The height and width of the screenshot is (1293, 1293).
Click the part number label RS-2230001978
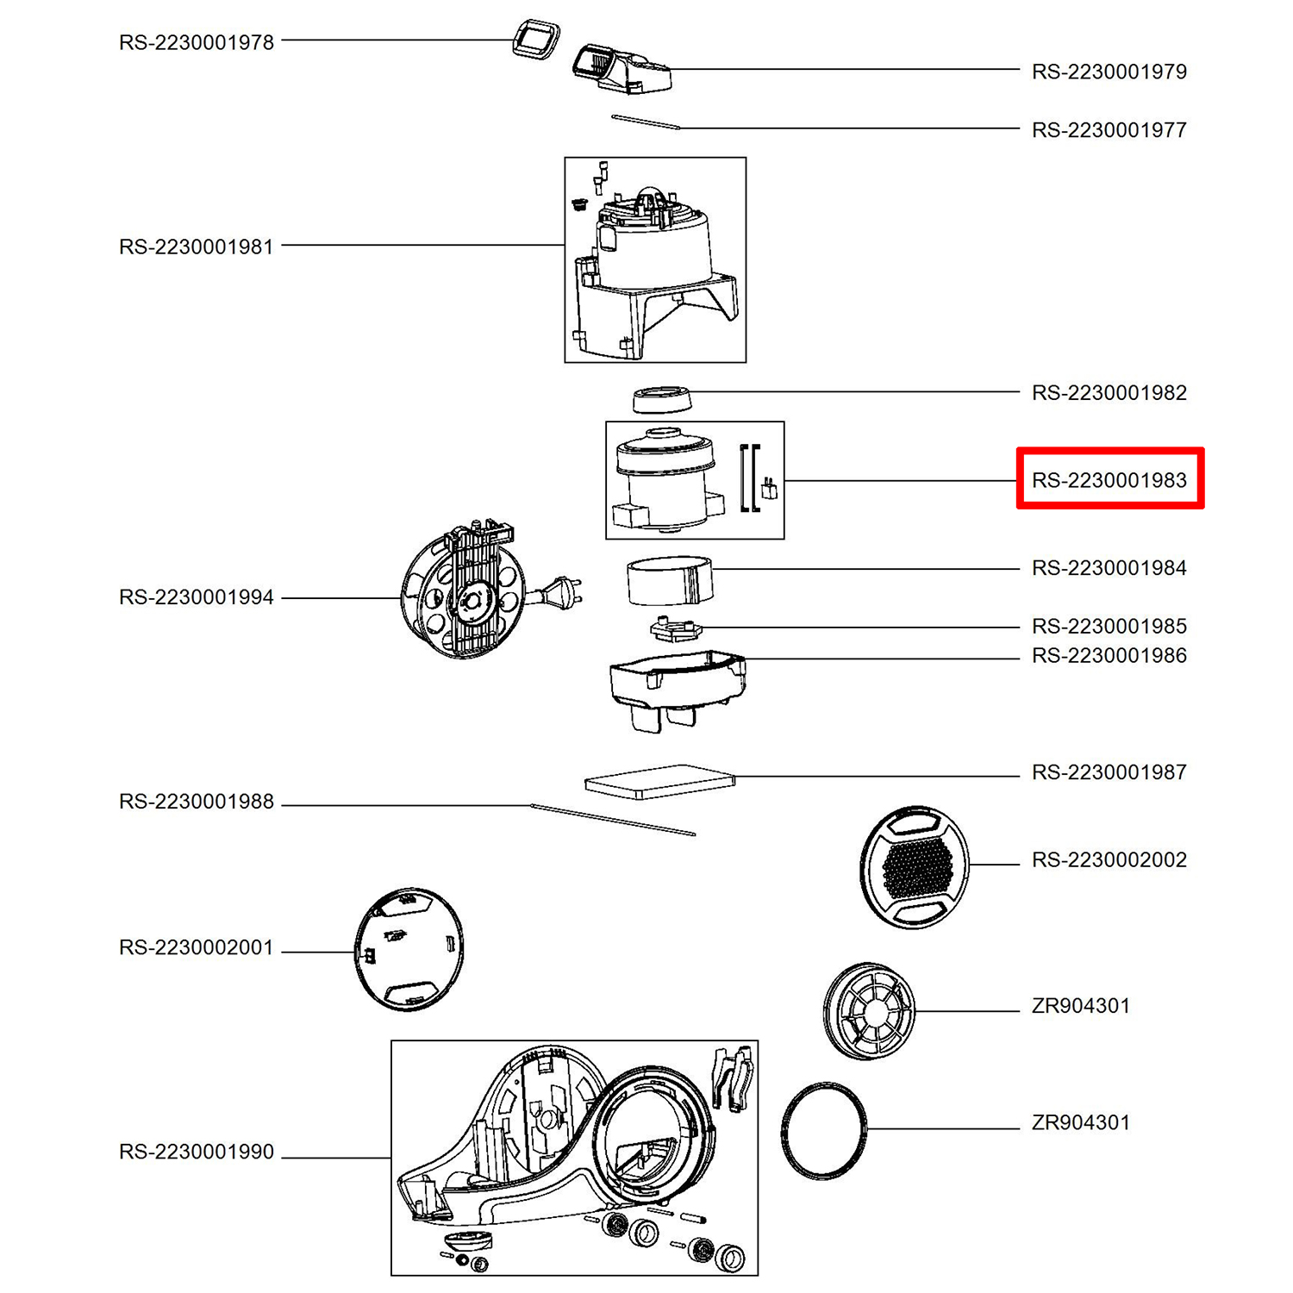(x=197, y=42)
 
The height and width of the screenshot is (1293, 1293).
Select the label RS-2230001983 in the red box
(x=1109, y=480)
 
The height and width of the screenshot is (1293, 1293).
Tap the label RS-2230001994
(x=197, y=597)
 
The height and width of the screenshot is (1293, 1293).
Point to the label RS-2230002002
(x=1109, y=859)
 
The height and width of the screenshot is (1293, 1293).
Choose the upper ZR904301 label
(x=1080, y=1006)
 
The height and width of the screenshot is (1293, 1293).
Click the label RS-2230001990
(x=197, y=1152)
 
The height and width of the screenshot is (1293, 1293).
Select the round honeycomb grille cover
(x=915, y=866)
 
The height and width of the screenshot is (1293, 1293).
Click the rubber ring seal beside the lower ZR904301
(x=823, y=1129)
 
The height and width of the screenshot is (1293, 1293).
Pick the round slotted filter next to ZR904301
(x=869, y=1011)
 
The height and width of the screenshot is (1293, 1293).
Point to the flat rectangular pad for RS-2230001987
(x=659, y=782)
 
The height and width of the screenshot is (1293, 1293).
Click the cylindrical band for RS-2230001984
(x=669, y=580)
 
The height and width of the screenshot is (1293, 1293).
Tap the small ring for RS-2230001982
(x=662, y=400)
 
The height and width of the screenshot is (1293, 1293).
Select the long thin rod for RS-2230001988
(x=613, y=819)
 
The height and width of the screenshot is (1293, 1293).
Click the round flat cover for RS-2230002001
(x=409, y=949)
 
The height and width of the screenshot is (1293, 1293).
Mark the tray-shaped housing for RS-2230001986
(x=677, y=685)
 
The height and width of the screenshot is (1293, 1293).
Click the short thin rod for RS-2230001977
(x=646, y=122)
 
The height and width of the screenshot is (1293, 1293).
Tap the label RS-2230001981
(x=197, y=247)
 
